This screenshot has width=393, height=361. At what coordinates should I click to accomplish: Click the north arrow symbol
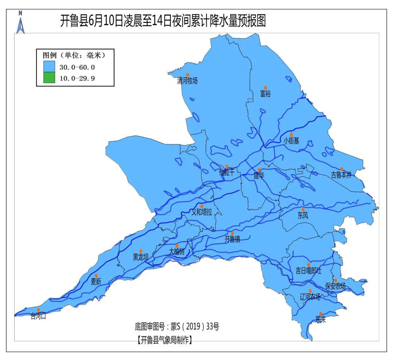pyautogui.click(x=21, y=23)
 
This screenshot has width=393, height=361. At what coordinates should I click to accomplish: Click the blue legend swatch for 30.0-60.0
pyautogui.click(x=49, y=67)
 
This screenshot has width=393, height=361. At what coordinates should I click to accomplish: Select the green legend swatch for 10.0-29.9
pyautogui.click(x=49, y=78)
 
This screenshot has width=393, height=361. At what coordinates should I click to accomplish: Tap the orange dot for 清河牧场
pyautogui.click(x=188, y=75)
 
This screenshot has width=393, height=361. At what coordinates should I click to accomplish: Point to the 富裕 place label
pyautogui.click(x=265, y=94)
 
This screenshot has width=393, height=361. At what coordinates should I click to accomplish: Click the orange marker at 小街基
pyautogui.click(x=291, y=135)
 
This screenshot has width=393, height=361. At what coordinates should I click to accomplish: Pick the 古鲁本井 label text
pyautogui.click(x=341, y=175)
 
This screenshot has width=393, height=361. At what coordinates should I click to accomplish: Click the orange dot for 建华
pyautogui.click(x=259, y=170)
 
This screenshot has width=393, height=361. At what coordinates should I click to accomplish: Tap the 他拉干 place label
pyautogui.click(x=227, y=172)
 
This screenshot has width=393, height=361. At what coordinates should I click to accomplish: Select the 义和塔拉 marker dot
pyautogui.click(x=202, y=206)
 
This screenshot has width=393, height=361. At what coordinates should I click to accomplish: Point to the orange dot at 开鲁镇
pyautogui.click(x=233, y=233)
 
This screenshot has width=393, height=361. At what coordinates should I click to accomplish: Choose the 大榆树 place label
pyautogui.click(x=176, y=252)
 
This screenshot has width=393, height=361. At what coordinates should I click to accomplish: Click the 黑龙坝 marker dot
pyautogui.click(x=141, y=251)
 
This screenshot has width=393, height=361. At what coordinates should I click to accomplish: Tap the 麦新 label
pyautogui.click(x=96, y=282)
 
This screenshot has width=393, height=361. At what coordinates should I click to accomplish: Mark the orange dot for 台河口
pyautogui.click(x=39, y=310)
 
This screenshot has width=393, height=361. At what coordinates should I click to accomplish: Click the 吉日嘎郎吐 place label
pyautogui.click(x=308, y=271)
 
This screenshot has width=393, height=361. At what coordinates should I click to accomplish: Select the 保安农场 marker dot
pyautogui.click(x=336, y=280)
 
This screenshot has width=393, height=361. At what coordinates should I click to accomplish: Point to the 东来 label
pyautogui.click(x=321, y=319)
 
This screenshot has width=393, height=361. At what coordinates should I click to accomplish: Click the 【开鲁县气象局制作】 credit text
pyautogui.click(x=165, y=340)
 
